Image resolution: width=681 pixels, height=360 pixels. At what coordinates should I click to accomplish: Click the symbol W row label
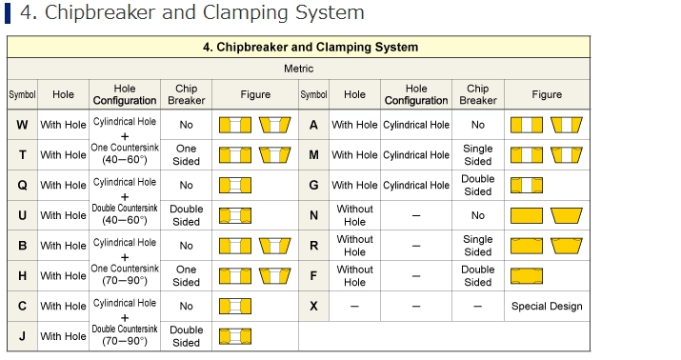tap(22, 125)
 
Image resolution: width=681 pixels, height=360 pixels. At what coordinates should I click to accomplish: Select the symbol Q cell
tap(22, 185)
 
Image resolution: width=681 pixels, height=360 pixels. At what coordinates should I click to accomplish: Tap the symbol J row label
tap(22, 336)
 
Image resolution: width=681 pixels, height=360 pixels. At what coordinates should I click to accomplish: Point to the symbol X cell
tap(313, 306)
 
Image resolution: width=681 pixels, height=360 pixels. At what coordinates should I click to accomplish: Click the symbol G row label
tap(313, 185)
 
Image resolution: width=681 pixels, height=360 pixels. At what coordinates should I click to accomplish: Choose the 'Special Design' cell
tap(547, 306)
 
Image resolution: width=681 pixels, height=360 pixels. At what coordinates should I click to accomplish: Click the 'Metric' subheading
tap(298, 69)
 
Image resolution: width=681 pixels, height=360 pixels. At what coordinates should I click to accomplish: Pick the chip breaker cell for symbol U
tap(187, 215)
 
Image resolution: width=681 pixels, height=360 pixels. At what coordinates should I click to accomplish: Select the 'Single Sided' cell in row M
tap(478, 155)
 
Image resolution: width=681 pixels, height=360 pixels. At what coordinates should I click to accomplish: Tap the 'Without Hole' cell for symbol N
tap(355, 215)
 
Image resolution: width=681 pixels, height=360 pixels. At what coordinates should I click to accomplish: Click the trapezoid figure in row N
tap(567, 215)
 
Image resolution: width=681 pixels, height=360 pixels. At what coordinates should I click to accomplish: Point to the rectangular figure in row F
tap(527, 276)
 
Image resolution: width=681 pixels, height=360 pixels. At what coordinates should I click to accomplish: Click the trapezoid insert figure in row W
tap(275, 125)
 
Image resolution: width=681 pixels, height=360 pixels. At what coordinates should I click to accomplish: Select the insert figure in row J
tap(235, 336)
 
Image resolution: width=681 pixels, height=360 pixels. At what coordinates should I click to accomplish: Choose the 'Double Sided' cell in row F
tap(478, 276)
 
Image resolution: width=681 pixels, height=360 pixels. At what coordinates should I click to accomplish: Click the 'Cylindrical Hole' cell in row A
tap(416, 125)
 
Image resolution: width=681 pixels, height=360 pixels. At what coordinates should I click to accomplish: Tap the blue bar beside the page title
tap(8, 13)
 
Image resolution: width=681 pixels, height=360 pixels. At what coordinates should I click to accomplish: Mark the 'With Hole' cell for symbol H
tap(63, 276)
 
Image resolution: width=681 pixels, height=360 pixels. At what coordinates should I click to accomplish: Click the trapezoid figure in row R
tap(567, 246)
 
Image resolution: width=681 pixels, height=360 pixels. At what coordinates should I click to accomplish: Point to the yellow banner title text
tap(310, 47)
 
